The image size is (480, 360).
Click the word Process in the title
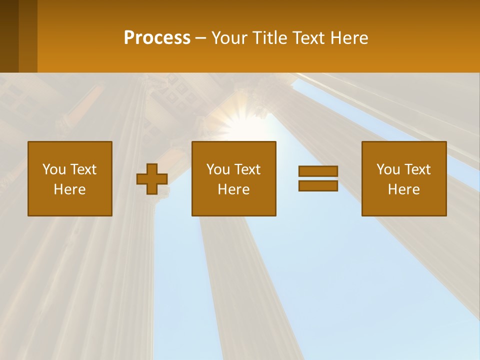[x=157, y=38]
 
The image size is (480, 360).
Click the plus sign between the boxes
[x=152, y=179]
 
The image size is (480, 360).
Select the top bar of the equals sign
[x=318, y=171]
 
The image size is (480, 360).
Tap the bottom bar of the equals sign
[x=318, y=185]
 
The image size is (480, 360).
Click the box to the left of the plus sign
[x=70, y=178]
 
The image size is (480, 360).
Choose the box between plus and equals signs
[x=233, y=178]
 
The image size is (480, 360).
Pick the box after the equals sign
[x=403, y=178]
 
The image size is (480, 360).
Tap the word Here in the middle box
[x=233, y=189]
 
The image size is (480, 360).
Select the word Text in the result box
[x=417, y=169]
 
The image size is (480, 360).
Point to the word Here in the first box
[x=69, y=189]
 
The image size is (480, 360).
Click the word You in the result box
[x=388, y=169]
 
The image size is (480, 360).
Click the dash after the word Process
[x=201, y=38]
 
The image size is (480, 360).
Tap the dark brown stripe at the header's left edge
[x=9, y=36]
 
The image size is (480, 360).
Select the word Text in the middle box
[x=247, y=169]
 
